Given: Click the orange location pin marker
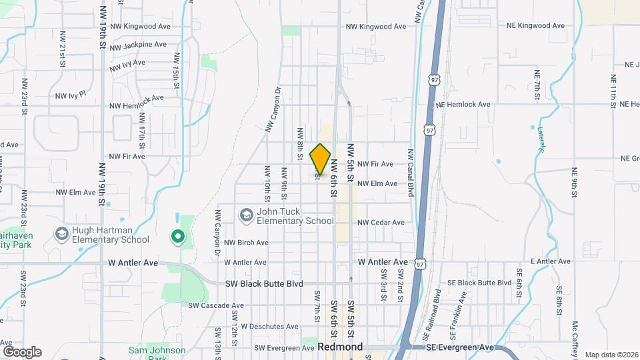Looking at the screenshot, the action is point(320,159).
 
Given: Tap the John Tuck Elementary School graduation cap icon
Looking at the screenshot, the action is point(247,215).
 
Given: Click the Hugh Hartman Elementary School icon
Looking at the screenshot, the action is point(62,234).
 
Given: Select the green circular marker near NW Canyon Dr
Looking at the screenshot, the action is point(177,235).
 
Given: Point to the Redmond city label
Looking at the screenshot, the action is point(340,347).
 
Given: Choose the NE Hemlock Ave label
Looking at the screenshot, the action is point(463,105).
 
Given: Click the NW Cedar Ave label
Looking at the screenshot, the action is point(381,223).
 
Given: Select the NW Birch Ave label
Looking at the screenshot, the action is point(246,243).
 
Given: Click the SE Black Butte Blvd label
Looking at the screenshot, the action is point(477,283).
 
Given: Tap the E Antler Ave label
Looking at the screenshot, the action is point(551,262).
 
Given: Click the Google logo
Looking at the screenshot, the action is point(22,351).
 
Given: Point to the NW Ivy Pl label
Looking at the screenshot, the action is point(71,95).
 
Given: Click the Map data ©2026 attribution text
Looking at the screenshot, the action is point(611,355).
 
